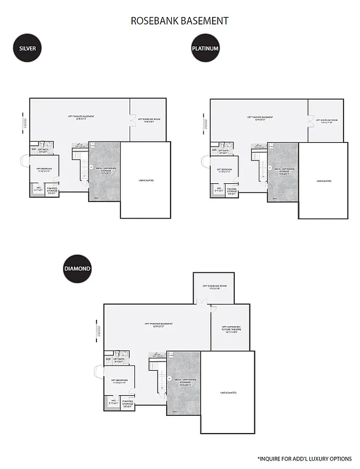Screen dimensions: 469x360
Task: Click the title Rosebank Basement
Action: (180, 21)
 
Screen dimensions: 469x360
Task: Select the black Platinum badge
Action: (205, 48)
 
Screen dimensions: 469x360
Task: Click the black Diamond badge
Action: (78, 269)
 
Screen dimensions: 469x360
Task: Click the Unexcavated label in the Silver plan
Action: (145, 180)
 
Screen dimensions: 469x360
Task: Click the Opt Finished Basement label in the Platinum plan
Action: (260, 118)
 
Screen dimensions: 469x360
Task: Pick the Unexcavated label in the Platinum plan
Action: (324, 181)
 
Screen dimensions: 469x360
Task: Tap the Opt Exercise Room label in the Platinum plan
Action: (326, 121)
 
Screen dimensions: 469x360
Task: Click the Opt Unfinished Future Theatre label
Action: (231, 330)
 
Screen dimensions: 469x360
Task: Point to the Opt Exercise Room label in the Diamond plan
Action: (215, 286)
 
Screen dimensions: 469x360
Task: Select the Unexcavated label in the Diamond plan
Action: (227, 393)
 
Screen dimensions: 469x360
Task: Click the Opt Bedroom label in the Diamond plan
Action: (119, 382)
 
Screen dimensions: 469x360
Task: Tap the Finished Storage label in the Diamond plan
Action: (128, 404)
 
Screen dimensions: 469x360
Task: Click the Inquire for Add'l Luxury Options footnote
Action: (304, 458)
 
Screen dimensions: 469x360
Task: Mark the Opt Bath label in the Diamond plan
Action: (119, 361)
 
